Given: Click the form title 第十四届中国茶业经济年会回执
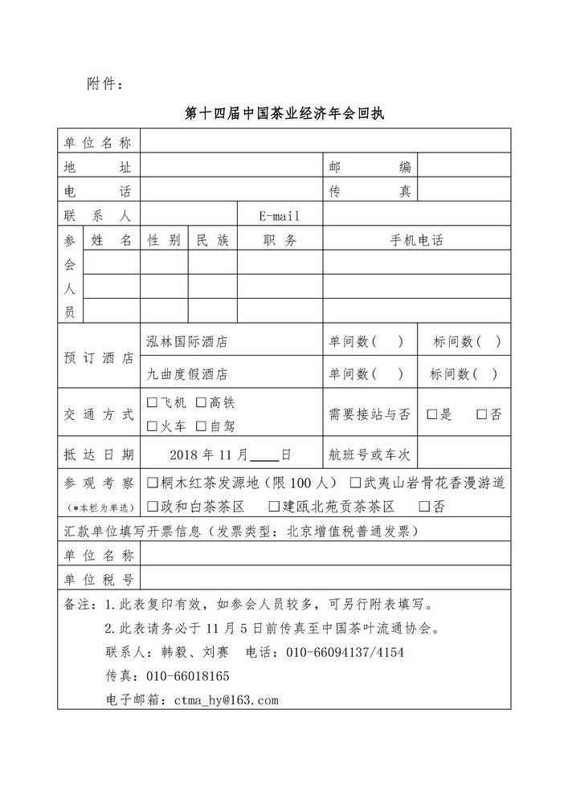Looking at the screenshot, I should tap(284, 113).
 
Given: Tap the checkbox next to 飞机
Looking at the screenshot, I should tap(152, 402).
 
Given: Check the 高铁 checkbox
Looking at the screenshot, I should tap(202, 402).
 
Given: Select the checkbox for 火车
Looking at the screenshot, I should tap(152, 426).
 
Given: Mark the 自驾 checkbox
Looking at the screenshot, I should tap(202, 426).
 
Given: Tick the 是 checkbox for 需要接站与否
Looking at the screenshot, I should tap(431, 414).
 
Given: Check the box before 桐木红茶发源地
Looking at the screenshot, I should tap(152, 483).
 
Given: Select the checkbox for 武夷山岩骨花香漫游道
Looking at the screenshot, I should tap(354, 483).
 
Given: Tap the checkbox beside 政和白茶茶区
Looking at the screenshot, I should tap(152, 507).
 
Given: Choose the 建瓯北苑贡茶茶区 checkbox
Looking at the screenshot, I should tap(273, 507).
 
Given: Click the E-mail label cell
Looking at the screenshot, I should tap(279, 216).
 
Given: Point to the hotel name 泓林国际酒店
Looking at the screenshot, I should tap(186, 341).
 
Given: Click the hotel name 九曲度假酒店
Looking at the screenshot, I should tap(186, 373).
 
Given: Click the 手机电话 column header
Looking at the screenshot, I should tap(416, 240).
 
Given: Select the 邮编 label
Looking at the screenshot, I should tap(370, 167).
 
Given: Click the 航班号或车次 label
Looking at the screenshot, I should tap(370, 454).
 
